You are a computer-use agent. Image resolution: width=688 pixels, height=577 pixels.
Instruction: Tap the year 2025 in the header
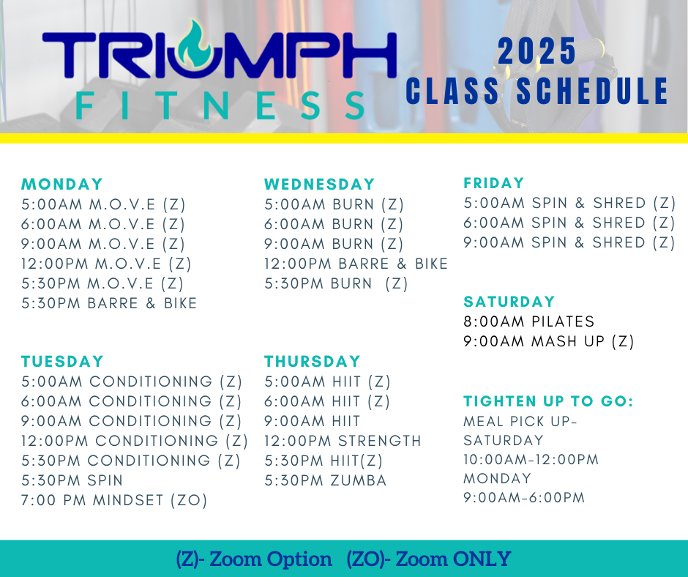(x=536, y=51)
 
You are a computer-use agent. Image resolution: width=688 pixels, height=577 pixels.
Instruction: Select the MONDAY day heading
(x=62, y=184)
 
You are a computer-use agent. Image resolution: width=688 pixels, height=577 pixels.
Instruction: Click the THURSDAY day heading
(x=313, y=362)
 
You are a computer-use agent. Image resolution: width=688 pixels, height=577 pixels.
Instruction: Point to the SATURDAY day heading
(x=509, y=302)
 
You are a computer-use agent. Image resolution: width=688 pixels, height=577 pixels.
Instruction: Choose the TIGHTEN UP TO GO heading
(x=548, y=401)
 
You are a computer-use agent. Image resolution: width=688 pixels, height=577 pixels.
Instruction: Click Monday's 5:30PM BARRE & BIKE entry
(x=109, y=303)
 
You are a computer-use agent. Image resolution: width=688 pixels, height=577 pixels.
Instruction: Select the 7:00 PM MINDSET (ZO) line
(x=114, y=500)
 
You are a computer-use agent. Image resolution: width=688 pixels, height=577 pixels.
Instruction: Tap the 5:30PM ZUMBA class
(x=325, y=480)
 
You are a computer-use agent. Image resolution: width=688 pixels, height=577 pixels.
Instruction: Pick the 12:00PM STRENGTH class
(x=343, y=441)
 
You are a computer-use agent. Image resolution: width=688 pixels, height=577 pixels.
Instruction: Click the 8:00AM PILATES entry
(x=528, y=321)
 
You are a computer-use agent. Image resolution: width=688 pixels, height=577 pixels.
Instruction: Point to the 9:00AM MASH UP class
(x=549, y=341)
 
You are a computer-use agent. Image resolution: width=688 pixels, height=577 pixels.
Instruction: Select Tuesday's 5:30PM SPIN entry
(x=72, y=480)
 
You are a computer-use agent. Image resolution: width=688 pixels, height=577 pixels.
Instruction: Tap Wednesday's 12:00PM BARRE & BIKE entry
(x=356, y=264)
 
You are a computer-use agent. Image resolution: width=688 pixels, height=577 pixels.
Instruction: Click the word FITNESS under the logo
(x=220, y=106)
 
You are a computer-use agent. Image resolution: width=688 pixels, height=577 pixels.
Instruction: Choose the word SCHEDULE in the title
(x=592, y=91)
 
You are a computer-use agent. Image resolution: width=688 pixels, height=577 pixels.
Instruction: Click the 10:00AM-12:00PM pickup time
(x=531, y=460)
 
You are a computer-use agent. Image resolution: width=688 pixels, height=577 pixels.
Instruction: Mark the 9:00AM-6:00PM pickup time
(x=524, y=497)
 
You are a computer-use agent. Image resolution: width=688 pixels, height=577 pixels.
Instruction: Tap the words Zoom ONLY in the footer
(x=453, y=559)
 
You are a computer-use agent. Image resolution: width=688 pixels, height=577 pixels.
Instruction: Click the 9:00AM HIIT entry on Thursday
(x=312, y=421)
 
